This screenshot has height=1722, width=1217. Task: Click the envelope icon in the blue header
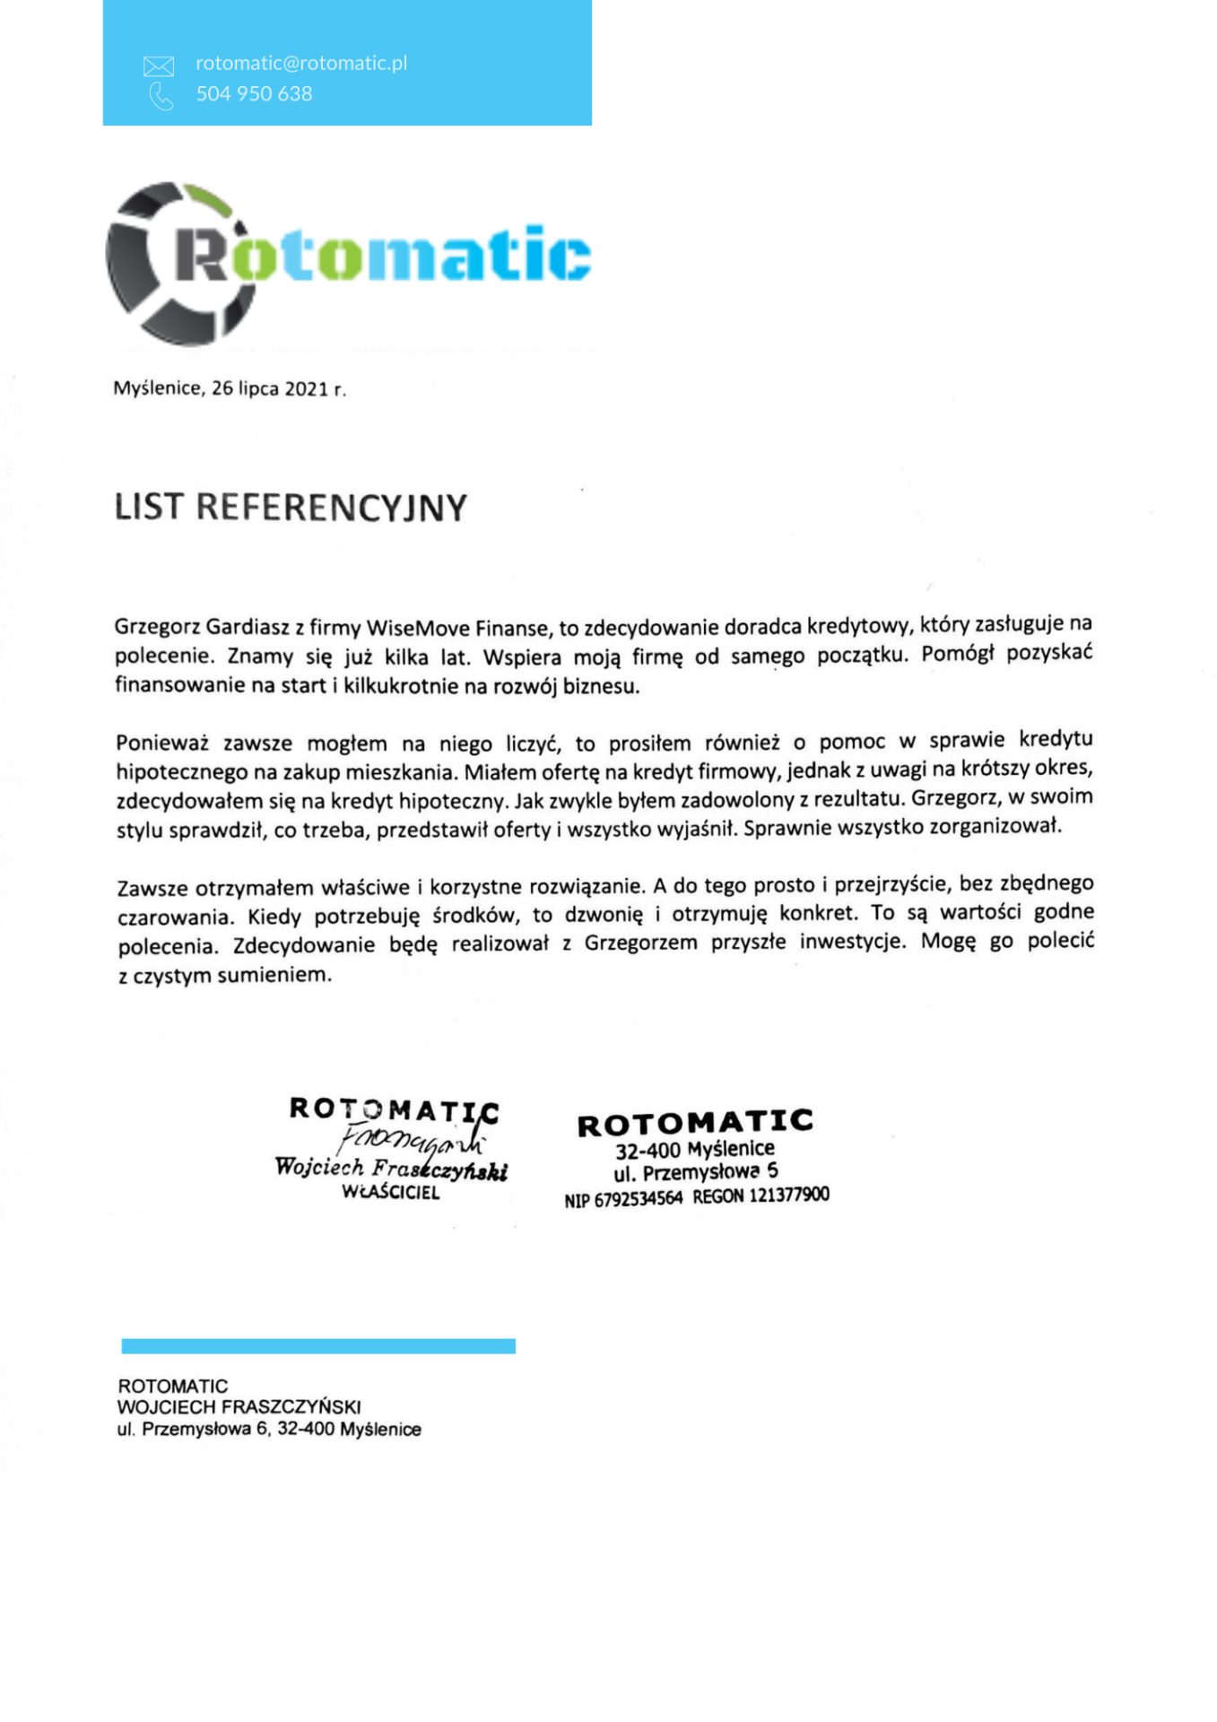(159, 65)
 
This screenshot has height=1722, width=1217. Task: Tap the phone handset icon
(161, 96)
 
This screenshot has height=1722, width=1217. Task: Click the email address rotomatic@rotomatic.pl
(301, 63)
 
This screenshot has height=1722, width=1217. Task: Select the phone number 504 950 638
(254, 93)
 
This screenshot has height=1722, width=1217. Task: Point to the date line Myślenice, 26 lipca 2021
(229, 388)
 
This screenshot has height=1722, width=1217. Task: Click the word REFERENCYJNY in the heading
(332, 508)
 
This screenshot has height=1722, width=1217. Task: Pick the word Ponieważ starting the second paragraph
(162, 744)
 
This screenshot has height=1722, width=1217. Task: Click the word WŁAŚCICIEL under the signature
(391, 1193)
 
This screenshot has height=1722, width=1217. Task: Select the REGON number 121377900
(787, 1195)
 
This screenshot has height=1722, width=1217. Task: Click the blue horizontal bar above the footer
(318, 1345)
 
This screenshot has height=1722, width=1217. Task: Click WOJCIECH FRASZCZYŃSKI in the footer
(239, 1407)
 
